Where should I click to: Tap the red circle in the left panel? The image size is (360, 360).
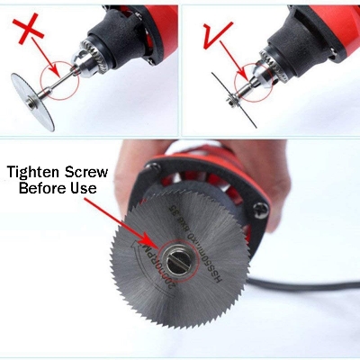[60, 76]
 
